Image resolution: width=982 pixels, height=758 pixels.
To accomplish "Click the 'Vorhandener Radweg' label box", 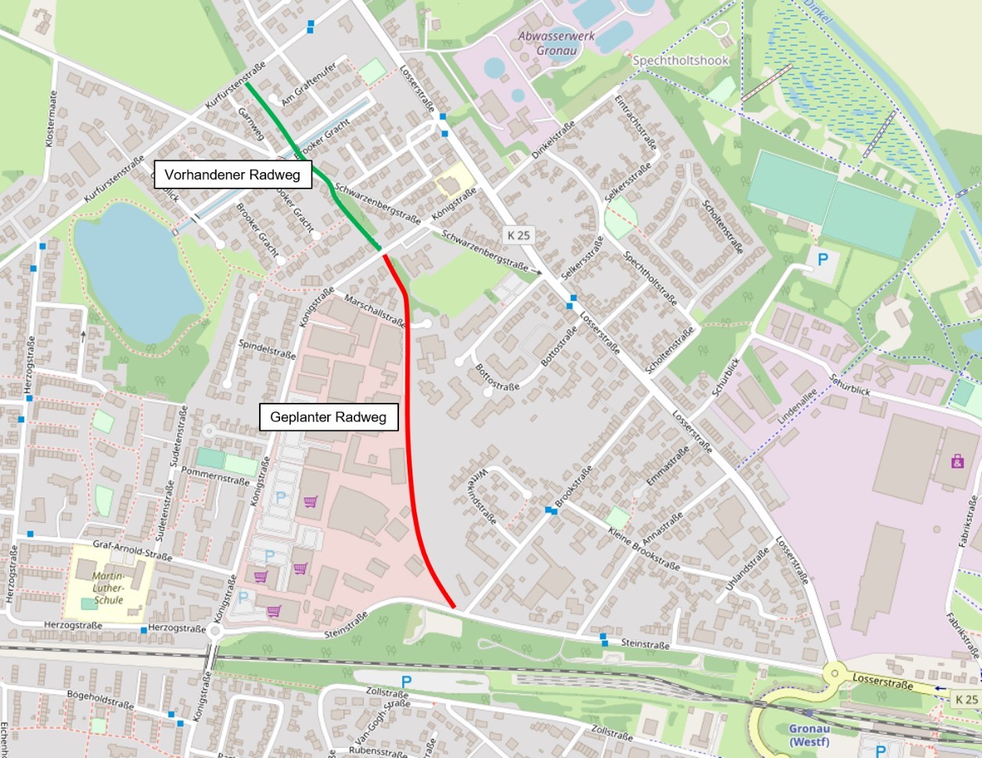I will click(x=232, y=174).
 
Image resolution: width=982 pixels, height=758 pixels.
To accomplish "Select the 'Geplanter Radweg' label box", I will click(x=328, y=417).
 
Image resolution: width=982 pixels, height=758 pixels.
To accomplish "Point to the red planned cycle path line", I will click(x=410, y=438).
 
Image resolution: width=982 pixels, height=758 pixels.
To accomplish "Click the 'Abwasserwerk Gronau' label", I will click(x=556, y=43).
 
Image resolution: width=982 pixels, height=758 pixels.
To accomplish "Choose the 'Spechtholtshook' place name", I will click(x=680, y=60).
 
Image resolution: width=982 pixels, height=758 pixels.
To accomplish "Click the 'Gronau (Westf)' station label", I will click(x=809, y=735).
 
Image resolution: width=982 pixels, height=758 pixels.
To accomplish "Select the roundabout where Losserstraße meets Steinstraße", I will click(x=835, y=672).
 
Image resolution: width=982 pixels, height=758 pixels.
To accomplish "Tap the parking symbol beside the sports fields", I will click(x=822, y=258).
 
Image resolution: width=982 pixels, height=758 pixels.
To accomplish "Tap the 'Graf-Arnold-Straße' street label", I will click(x=132, y=551).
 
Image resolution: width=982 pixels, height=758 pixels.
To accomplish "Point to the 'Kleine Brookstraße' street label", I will click(x=643, y=548).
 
